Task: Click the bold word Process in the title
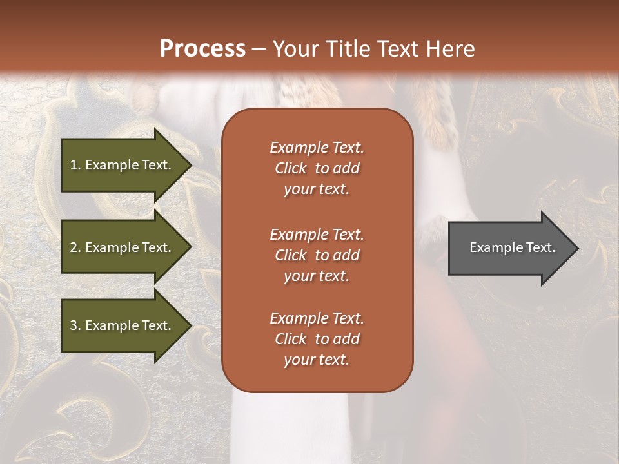202,49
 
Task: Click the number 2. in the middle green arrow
75,247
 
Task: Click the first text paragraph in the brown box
317,168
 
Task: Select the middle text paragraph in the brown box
317,255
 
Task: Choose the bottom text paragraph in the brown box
317,339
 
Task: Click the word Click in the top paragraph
291,168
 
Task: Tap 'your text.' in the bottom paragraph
317,360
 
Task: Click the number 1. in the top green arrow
75,165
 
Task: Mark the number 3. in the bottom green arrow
75,325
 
